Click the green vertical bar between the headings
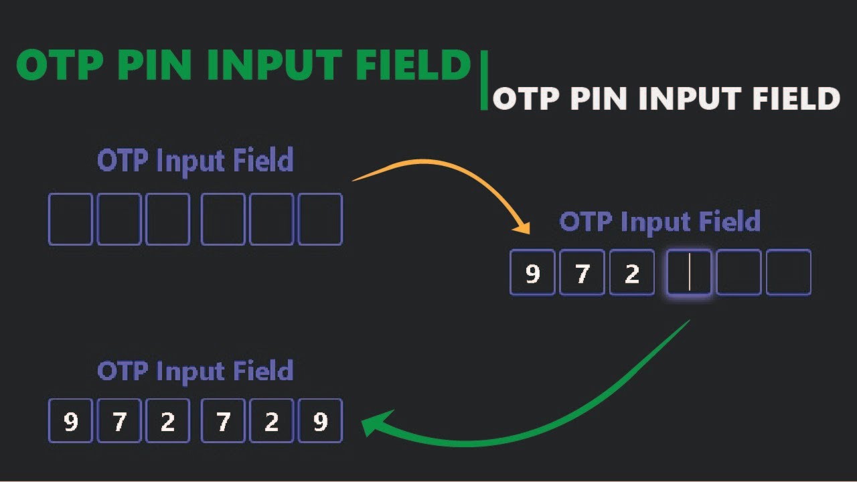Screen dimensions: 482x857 pyautogui.click(x=484, y=80)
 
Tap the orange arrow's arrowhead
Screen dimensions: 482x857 pyautogui.click(x=523, y=228)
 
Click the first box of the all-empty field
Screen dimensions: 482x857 pyautogui.click(x=70, y=219)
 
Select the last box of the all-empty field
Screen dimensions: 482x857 pyautogui.click(x=320, y=219)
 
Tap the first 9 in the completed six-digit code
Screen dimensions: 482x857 pyautogui.click(x=70, y=422)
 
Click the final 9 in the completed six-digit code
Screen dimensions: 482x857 pyautogui.click(x=320, y=422)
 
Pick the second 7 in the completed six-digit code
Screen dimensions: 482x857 pyautogui.click(x=223, y=422)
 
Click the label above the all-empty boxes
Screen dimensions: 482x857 pyautogui.click(x=195, y=161)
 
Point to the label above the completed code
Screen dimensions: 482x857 pyautogui.click(x=195, y=371)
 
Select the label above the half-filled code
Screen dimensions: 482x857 pyautogui.click(x=659, y=222)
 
